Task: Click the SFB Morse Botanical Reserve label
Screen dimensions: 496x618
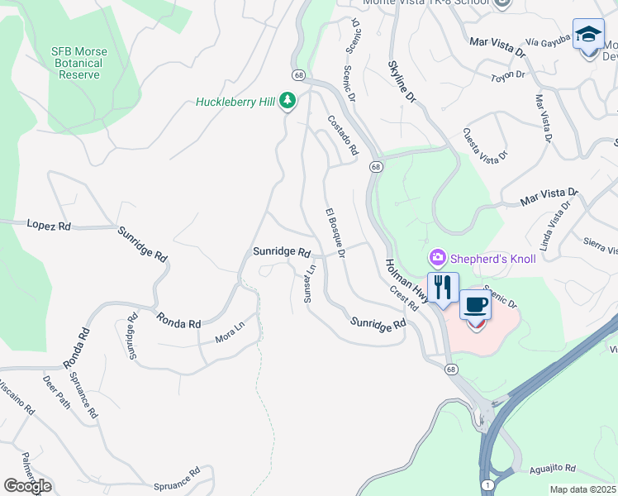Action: tap(79, 63)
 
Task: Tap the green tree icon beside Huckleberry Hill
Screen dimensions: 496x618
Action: tap(288, 102)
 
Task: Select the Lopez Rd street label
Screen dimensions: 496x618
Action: tap(49, 225)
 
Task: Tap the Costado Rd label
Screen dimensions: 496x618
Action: tap(343, 135)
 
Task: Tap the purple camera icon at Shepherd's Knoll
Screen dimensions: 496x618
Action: tap(437, 259)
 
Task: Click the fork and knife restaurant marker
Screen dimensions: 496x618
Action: tap(443, 287)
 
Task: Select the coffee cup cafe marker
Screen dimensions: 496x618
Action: tap(475, 305)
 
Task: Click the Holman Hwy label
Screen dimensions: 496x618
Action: tap(406, 281)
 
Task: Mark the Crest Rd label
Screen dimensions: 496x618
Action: tap(404, 298)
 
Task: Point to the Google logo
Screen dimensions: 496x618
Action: tap(27, 486)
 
